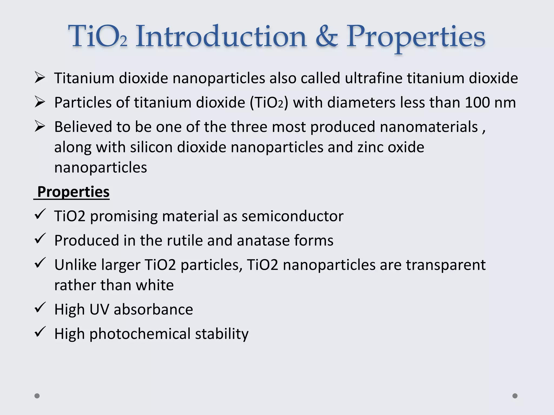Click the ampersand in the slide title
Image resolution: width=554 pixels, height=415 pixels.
[327, 36]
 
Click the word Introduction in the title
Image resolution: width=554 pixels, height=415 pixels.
[221, 36]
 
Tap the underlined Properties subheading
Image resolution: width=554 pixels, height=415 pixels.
[73, 192]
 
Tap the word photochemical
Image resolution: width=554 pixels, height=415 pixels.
[140, 334]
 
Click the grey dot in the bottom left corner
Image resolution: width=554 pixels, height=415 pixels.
[37, 396]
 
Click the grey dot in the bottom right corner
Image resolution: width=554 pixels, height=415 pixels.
[515, 396]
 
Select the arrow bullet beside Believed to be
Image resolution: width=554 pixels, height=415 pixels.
[40, 126]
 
